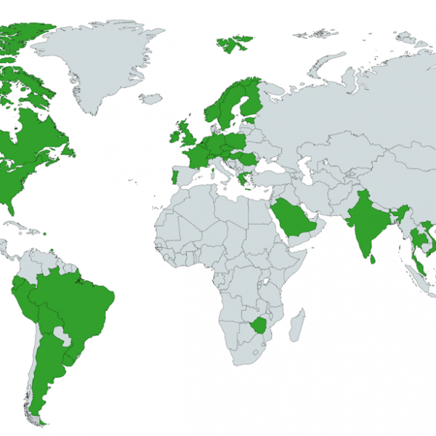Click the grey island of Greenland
pos(98,58)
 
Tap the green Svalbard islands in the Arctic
pos(235,44)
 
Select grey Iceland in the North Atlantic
pos(151,98)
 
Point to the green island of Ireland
pos(175,134)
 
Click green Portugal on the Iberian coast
pos(172,177)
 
